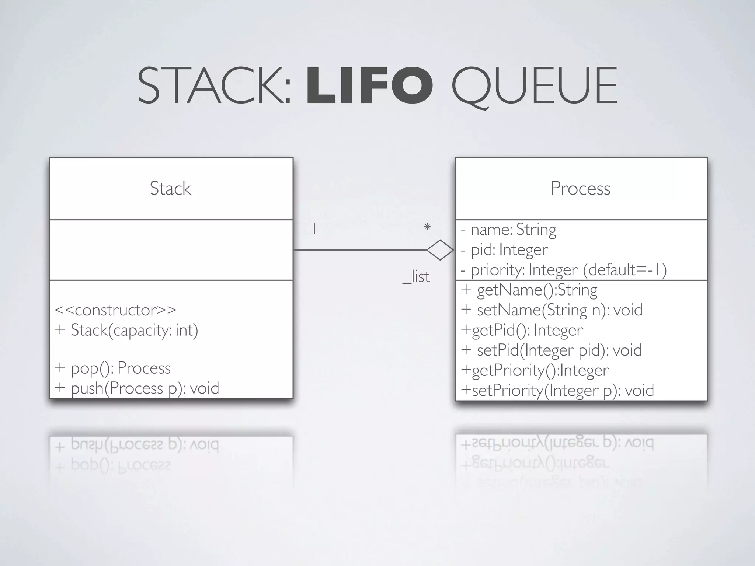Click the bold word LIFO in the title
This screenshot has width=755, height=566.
(369, 85)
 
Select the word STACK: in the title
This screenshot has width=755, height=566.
(215, 85)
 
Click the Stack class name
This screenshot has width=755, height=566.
(170, 189)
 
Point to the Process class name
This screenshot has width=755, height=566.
(580, 189)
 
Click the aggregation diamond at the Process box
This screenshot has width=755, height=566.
(440, 250)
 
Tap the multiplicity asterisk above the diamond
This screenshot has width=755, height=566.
(427, 227)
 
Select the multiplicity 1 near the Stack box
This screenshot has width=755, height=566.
(314, 229)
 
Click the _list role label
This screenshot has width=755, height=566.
(416, 276)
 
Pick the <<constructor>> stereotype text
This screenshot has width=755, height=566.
(115, 310)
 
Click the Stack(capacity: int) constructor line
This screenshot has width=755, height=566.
(126, 330)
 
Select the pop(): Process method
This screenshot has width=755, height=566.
(113, 368)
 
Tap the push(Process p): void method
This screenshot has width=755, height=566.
(137, 388)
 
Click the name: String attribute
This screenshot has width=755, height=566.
(509, 230)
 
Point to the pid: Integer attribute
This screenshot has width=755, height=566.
(505, 250)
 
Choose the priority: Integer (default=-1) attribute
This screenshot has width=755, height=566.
(564, 270)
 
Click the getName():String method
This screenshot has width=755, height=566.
(529, 290)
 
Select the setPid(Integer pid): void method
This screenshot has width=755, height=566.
(552, 350)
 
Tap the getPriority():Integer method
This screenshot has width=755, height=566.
(535, 370)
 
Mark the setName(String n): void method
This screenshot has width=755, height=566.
(552, 310)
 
